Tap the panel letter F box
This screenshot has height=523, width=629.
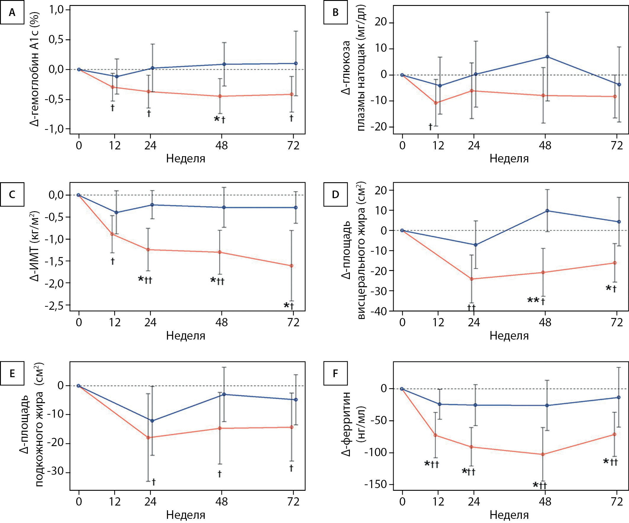pos(335,373)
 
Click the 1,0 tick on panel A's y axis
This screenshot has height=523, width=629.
pos(56,10)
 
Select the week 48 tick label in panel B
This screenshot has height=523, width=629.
pos(545,146)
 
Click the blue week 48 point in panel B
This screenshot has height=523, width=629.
pos(548,57)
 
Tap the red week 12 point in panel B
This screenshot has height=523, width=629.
pos(436,103)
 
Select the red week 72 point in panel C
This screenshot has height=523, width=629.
pos(292,266)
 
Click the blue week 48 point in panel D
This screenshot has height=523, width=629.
pos(548,211)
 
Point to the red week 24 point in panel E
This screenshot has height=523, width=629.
pos(148,438)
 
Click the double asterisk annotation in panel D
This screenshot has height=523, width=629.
pos(533,300)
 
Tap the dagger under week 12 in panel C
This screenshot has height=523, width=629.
pos(112,261)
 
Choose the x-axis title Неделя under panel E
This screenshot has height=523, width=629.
pos(186,515)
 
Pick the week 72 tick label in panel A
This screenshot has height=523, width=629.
pos(293,146)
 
